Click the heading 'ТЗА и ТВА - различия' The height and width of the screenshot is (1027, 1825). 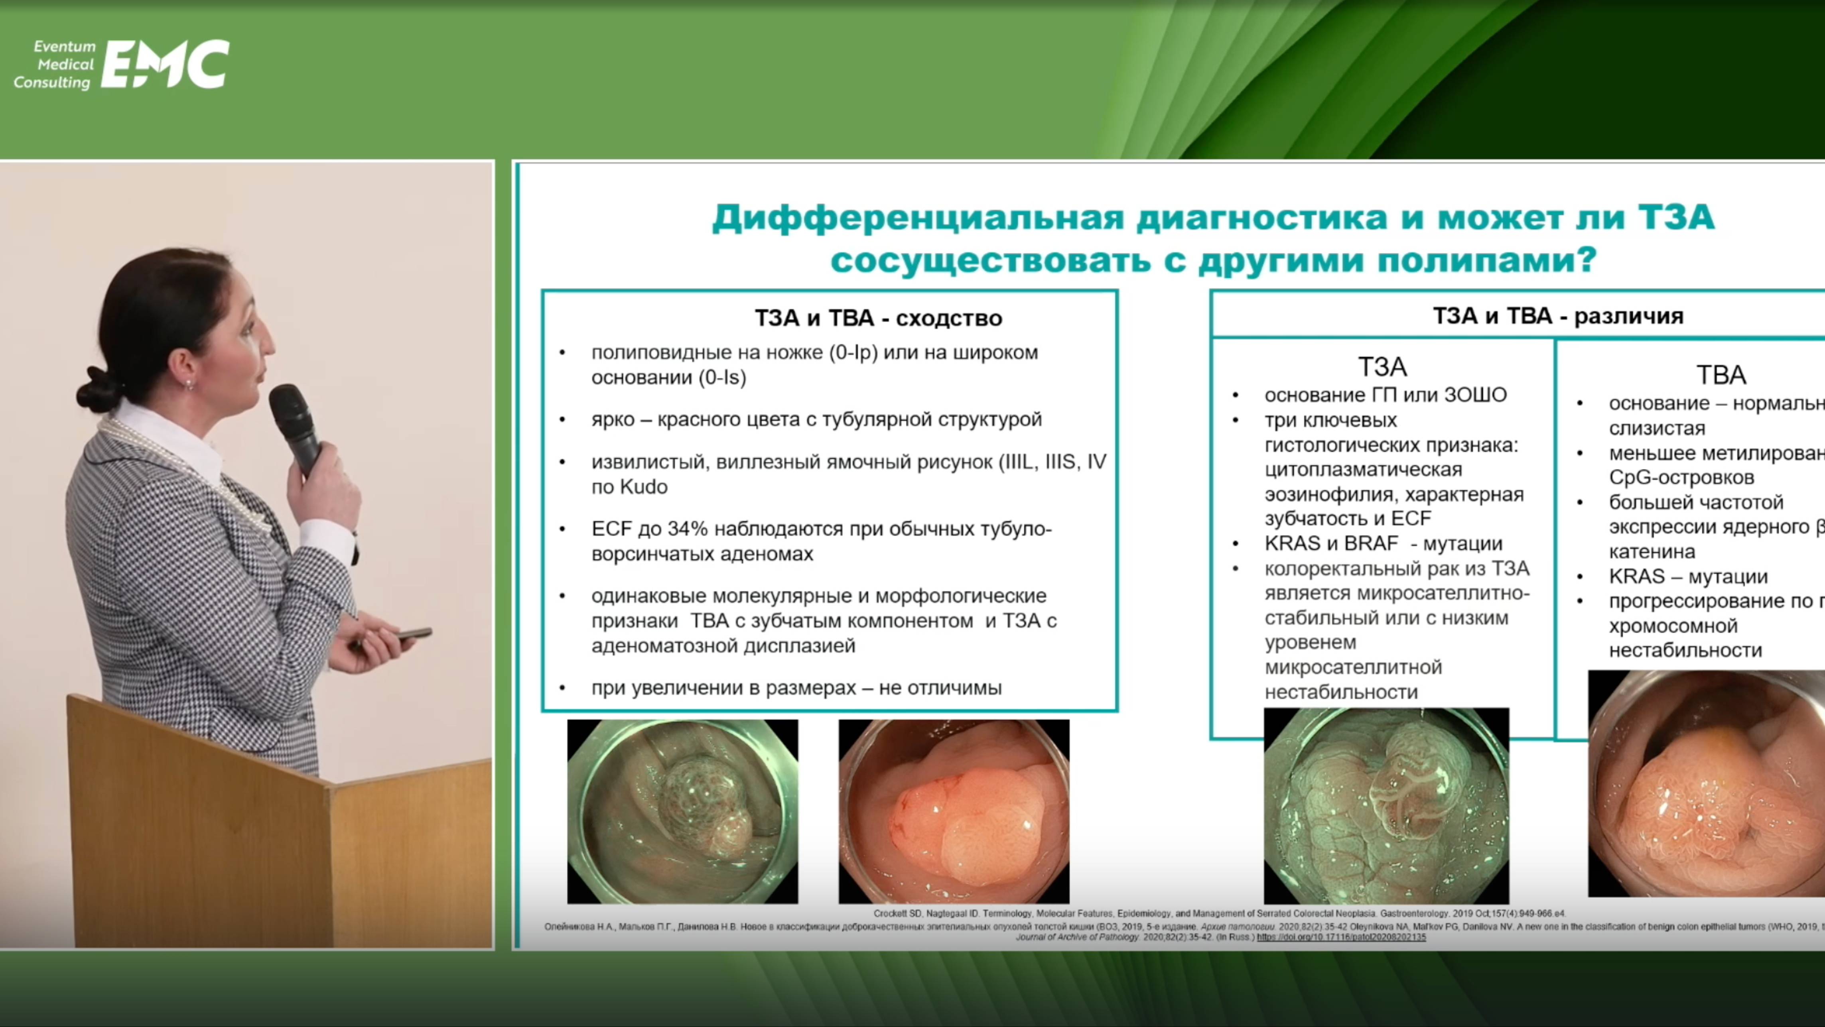pos(1558,315)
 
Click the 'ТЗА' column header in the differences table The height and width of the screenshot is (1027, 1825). pos(1382,367)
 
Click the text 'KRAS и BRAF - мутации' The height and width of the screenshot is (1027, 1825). pos(1383,543)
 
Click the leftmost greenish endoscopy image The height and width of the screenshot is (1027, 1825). pos(682,811)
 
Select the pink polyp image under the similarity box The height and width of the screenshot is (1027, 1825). pos(954,811)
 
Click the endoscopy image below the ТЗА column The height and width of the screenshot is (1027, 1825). pos(1386,806)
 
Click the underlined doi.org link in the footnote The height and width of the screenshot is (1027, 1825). pos(1340,937)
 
